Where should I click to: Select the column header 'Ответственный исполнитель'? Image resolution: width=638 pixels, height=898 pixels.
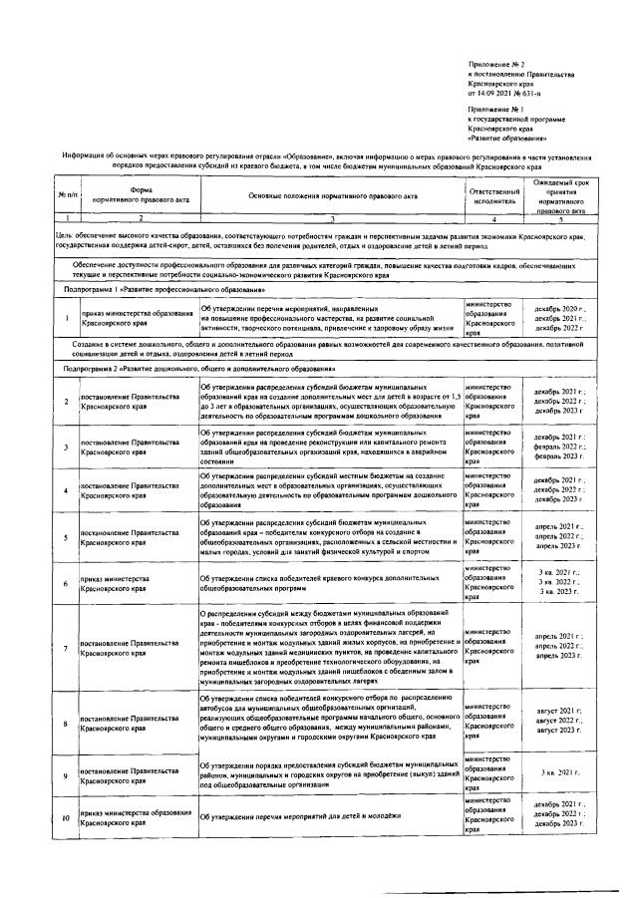(x=493, y=195)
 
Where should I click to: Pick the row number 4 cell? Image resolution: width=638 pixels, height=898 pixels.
(x=65, y=489)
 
